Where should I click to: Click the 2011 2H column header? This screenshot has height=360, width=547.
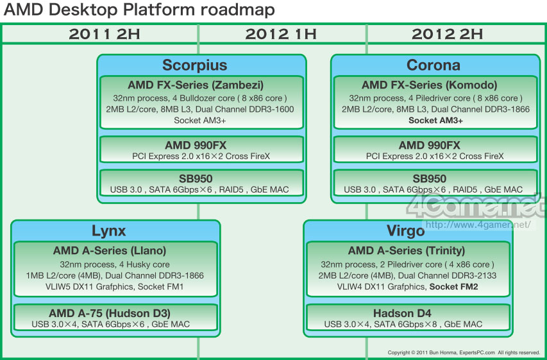click(x=105, y=34)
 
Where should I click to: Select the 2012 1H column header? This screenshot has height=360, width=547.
click(x=281, y=34)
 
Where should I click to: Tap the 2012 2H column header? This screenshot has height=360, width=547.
click(x=447, y=34)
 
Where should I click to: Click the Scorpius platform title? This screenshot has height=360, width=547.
click(x=195, y=65)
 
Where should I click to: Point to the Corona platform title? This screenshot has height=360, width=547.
click(x=433, y=65)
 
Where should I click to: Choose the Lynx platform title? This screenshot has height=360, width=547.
click(x=108, y=231)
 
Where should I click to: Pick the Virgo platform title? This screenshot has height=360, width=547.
click(x=406, y=231)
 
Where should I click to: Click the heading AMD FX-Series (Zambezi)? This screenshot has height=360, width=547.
click(x=196, y=85)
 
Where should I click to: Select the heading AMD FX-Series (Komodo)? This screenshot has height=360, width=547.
click(x=430, y=85)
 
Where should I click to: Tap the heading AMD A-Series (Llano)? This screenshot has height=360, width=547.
click(x=110, y=251)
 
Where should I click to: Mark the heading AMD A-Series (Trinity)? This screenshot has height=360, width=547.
click(x=407, y=251)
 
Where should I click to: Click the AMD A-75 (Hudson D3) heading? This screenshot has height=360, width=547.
click(x=110, y=313)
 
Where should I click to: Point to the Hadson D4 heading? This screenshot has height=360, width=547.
click(x=402, y=313)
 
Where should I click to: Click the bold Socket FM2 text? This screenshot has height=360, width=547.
click(x=453, y=287)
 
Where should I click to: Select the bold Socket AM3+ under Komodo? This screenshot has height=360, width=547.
click(x=435, y=121)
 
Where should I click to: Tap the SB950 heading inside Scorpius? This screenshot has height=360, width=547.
click(x=196, y=179)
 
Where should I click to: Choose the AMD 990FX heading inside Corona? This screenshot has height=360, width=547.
click(x=430, y=145)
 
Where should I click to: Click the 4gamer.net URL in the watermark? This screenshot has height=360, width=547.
click(x=478, y=225)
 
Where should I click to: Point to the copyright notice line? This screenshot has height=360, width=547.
click(x=464, y=353)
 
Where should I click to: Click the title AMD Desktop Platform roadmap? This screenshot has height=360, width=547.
click(x=139, y=10)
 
